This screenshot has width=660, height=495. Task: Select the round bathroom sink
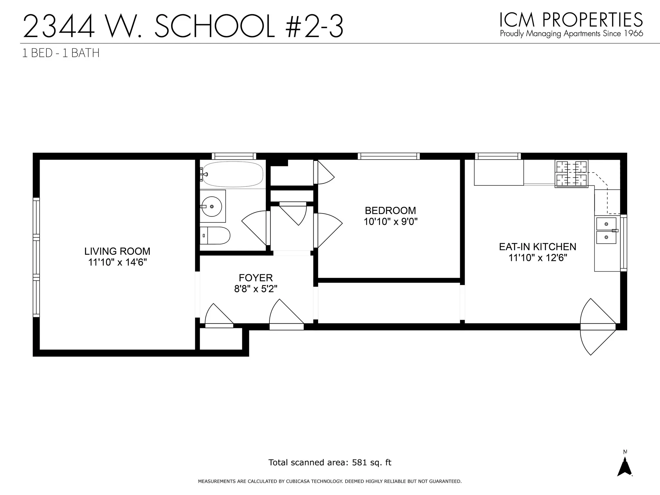(212, 206)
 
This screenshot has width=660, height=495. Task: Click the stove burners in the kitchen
(571, 173)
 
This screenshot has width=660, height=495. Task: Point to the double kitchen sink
(606, 231)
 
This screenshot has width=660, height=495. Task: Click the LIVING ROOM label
(117, 251)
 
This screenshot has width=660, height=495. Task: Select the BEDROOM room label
(390, 211)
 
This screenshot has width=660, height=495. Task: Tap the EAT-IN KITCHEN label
(538, 247)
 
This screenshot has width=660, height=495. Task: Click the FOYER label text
(256, 278)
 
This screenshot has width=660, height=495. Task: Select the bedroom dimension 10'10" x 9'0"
(390, 222)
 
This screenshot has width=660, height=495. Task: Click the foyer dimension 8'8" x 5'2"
(256, 289)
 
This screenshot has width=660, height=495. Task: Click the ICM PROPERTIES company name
(571, 20)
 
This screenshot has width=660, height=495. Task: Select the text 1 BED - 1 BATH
(61, 53)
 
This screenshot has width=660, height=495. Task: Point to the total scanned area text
(330, 462)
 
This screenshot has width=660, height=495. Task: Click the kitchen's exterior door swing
(596, 339)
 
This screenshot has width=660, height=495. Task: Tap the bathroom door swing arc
(255, 227)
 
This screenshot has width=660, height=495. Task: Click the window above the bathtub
(234, 156)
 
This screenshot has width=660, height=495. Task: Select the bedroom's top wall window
(389, 156)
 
